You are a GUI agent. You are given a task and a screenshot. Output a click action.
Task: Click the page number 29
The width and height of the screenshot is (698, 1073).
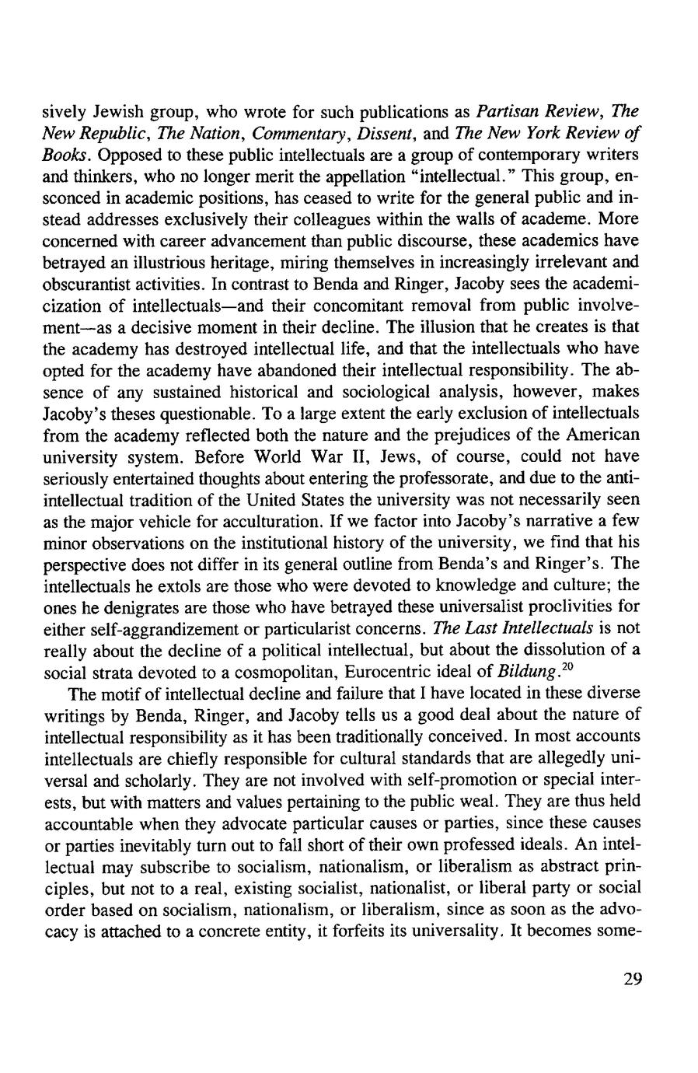coord(633,978)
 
